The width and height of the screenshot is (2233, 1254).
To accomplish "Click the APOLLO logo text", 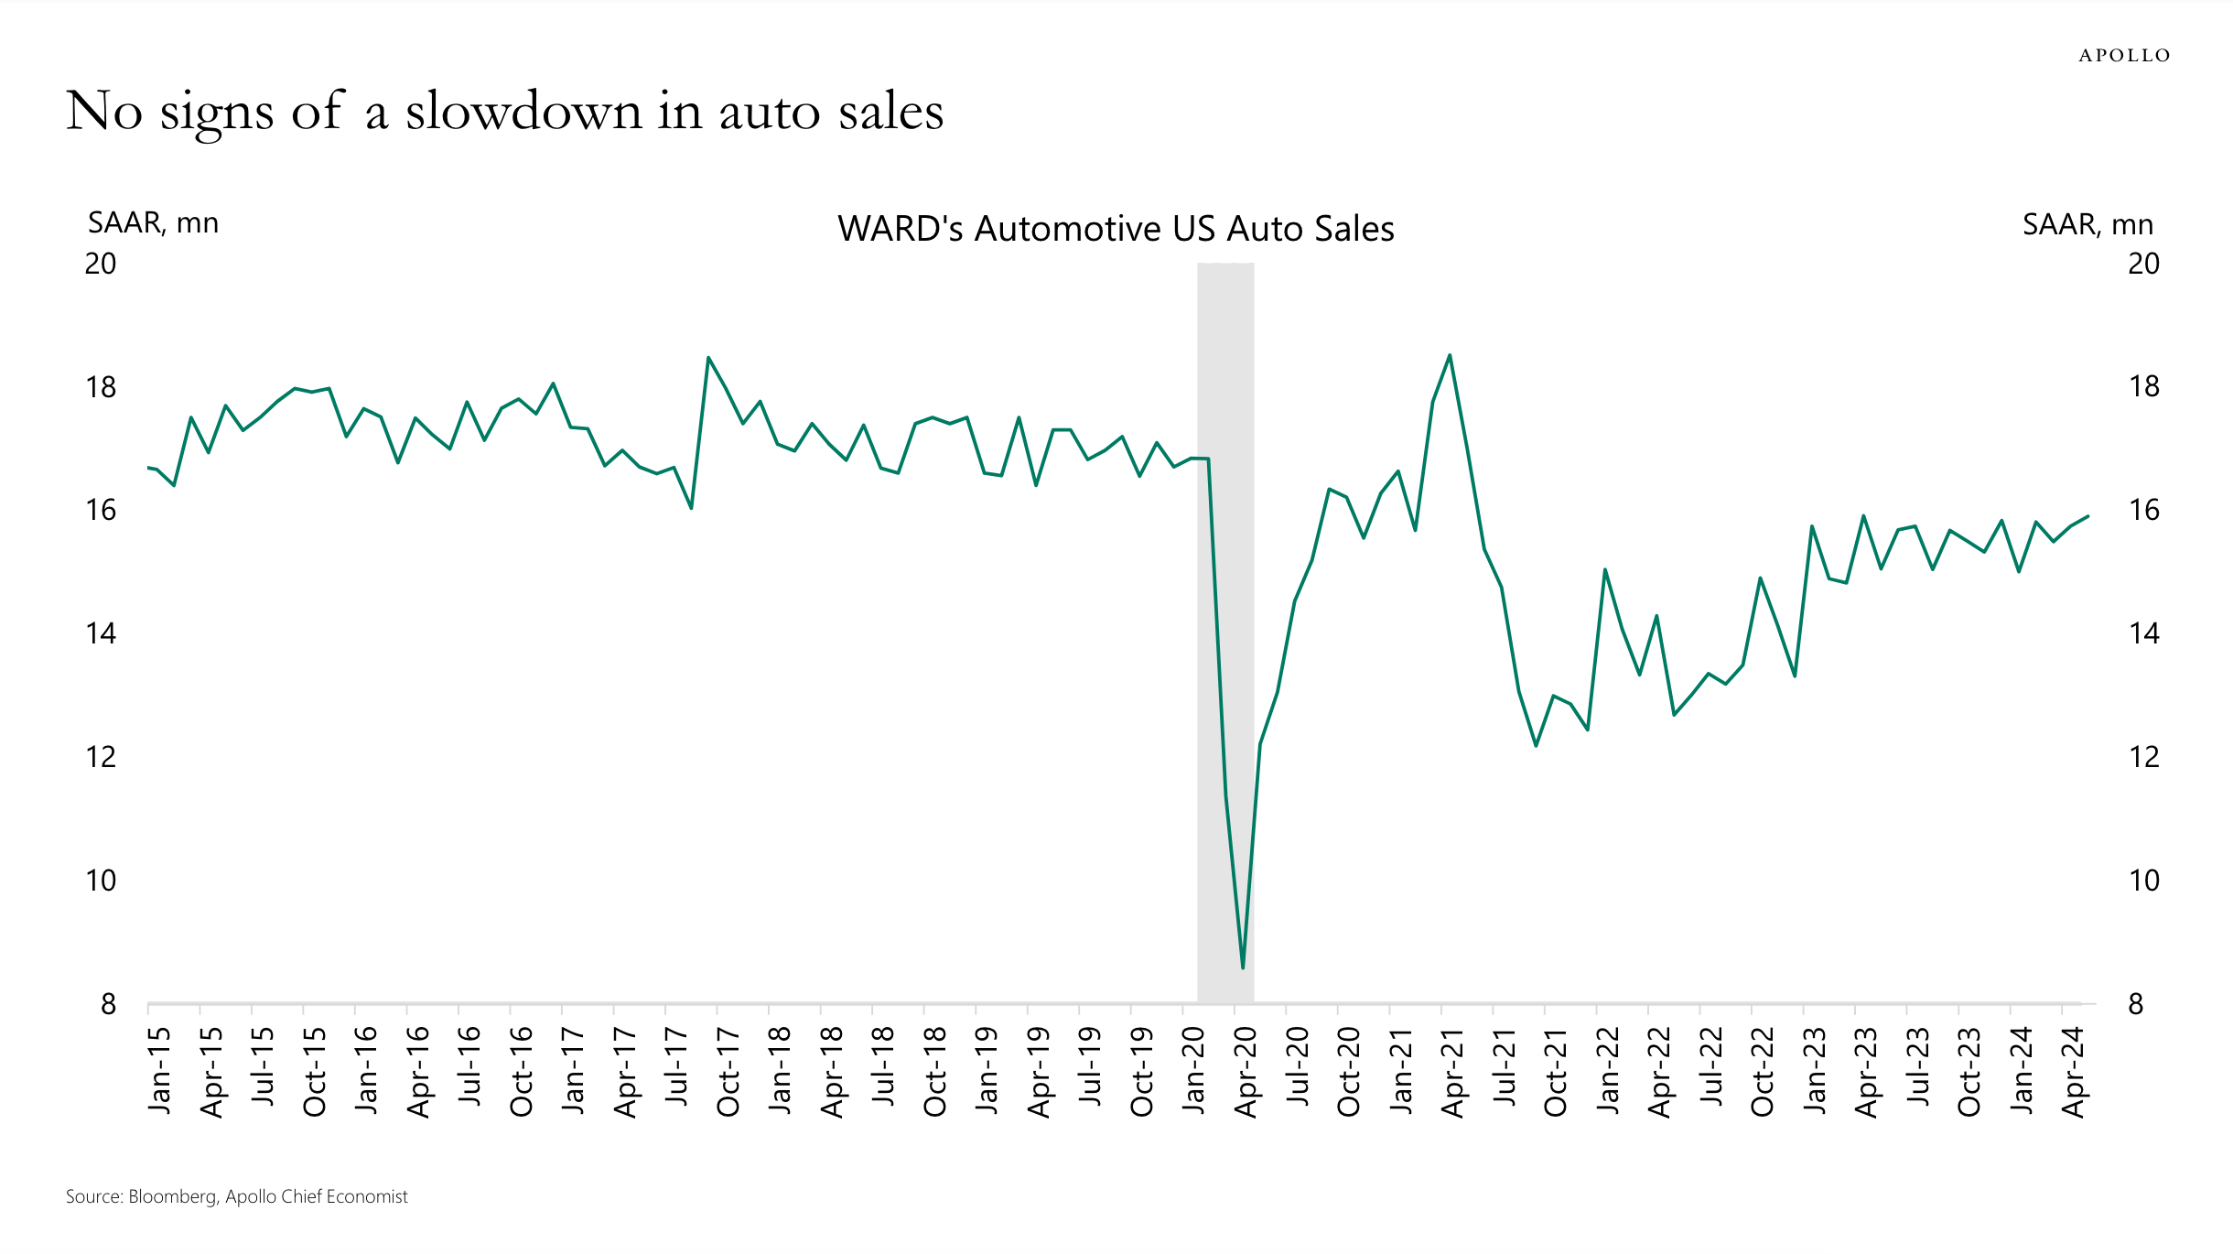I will pos(2123,56).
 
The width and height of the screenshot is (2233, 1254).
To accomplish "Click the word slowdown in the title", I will pos(523,112).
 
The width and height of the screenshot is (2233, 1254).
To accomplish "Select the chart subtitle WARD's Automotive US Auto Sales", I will pos(1116,229).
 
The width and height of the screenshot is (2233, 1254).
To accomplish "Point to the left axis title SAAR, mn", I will pos(153,223).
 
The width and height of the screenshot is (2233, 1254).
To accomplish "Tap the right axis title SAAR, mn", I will pos(2087,224).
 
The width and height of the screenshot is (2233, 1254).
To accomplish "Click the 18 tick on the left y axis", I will pos(101,387).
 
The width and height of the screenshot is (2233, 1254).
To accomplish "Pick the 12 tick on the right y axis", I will pos(2143,757).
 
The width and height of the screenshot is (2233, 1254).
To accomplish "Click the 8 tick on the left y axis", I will pos(108,1004).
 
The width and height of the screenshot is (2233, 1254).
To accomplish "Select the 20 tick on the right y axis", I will pos(2143,264).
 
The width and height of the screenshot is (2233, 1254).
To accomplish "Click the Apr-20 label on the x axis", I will pos(1246,1071).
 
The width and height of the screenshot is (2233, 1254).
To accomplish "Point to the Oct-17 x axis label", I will pos(728,1071).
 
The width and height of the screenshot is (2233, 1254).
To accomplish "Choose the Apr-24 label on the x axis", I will pos(2073,1071).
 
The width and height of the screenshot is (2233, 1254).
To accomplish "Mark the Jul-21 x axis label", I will pos(1505,1066).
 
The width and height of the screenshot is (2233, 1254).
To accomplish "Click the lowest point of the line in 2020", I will pos(1242,968).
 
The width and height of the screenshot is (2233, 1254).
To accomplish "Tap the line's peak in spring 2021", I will pos(1450,355).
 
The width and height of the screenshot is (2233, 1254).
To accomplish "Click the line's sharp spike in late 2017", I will pos(708,358).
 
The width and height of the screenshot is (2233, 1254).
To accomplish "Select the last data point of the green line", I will pos(2087,516).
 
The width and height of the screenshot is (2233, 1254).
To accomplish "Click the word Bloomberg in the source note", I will pos(172,1196).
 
